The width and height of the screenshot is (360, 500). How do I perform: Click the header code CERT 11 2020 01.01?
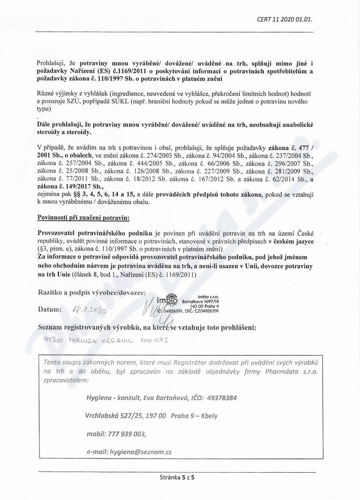[x=284, y=20]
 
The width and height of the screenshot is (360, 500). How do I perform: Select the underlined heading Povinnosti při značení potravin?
[x=84, y=216]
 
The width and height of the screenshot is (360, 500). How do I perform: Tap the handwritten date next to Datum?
[x=90, y=310]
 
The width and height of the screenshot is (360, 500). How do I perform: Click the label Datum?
[x=49, y=309]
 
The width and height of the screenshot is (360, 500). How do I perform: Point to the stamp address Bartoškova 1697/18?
[x=200, y=302]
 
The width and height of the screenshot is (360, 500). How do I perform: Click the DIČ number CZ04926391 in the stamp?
[x=205, y=311]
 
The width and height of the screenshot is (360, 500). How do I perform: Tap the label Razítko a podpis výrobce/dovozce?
[x=91, y=292]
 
